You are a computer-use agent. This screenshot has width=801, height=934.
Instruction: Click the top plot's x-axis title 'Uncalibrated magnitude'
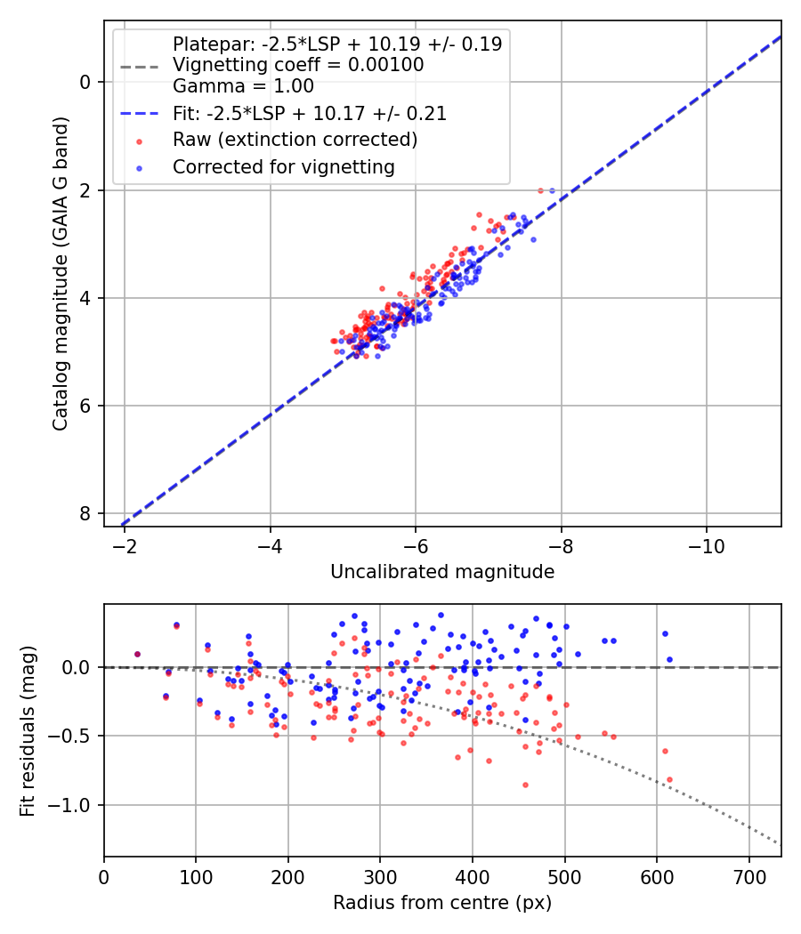coord(442,572)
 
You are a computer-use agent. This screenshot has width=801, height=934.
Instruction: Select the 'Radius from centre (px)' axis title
coord(442,903)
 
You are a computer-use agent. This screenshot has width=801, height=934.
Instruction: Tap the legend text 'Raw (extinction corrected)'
coord(295,140)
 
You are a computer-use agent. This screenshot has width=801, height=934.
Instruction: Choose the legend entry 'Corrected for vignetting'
coord(283,166)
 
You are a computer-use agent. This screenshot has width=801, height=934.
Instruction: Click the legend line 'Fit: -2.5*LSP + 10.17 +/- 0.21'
coord(309,113)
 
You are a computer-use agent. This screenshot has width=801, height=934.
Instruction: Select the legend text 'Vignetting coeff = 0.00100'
coord(298,65)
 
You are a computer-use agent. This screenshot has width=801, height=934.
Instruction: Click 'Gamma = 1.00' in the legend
coord(243,86)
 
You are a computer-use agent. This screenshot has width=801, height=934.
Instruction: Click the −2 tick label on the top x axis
coord(124,543)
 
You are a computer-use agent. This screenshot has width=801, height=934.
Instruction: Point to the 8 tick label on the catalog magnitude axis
coord(85,514)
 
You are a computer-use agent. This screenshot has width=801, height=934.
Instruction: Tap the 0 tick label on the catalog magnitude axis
coord(85,82)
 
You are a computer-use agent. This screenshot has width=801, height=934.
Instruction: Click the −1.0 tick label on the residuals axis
coord(74,805)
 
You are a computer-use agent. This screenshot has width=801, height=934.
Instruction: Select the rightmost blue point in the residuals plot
coord(669,660)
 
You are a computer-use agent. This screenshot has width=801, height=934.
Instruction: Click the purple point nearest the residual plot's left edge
coord(137,654)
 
